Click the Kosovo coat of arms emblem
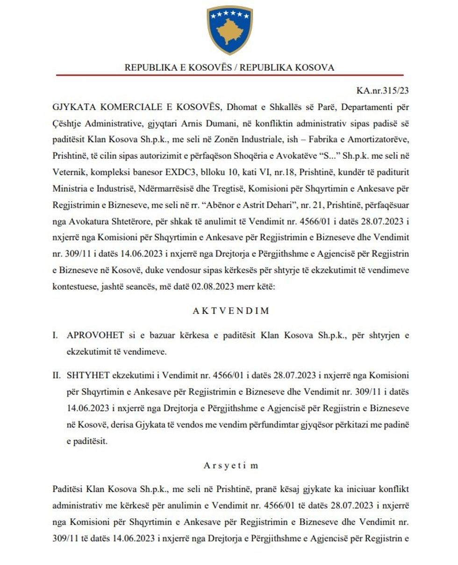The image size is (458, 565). (229, 29)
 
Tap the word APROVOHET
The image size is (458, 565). (95, 335)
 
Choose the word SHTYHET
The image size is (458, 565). (86, 375)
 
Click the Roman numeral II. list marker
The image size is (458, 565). (57, 375)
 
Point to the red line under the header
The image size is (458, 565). (229, 75)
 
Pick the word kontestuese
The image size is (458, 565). (75, 286)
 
